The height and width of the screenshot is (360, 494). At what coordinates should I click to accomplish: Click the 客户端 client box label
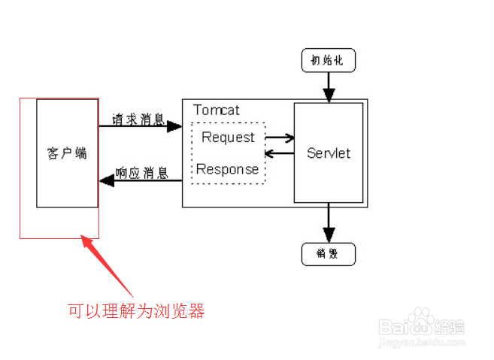coord(67,153)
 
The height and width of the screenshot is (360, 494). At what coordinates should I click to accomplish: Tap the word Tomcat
coord(217,110)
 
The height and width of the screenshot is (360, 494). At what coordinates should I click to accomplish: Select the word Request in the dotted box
coord(229,138)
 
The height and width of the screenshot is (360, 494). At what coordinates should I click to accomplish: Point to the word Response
coord(228,169)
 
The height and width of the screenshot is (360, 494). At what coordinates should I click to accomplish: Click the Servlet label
coord(329,153)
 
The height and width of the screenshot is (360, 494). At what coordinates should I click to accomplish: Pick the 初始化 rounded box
coord(328,61)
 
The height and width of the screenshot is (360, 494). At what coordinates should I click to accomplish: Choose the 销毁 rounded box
coord(328,254)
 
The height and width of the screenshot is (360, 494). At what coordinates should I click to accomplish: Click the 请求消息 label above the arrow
coord(139,118)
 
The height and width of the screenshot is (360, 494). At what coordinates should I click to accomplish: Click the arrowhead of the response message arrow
coord(107,180)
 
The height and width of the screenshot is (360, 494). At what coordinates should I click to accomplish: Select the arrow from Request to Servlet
coord(280,138)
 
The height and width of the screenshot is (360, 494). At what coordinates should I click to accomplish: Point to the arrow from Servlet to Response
coord(279,153)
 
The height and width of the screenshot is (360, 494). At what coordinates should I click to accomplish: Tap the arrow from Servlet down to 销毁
coord(328,223)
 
